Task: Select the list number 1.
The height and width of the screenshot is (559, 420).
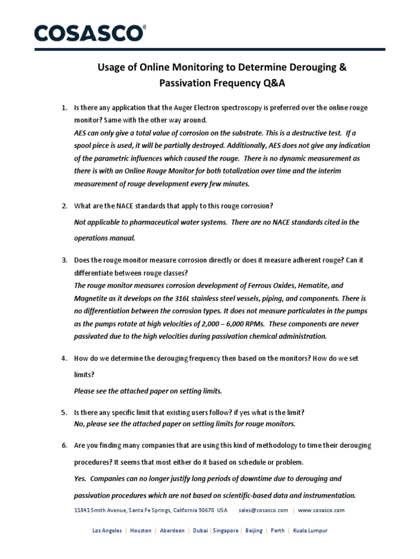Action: click(x=63, y=108)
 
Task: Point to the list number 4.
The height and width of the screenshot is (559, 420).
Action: click(x=63, y=358)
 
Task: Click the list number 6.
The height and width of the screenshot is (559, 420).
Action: click(x=63, y=445)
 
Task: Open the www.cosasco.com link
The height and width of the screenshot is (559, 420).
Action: click(x=322, y=510)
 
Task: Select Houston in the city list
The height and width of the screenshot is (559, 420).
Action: click(x=141, y=531)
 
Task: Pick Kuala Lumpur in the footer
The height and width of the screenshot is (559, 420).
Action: click(x=310, y=531)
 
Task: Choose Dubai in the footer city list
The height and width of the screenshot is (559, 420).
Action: click(x=200, y=531)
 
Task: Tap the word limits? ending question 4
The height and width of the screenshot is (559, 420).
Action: click(x=83, y=375)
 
